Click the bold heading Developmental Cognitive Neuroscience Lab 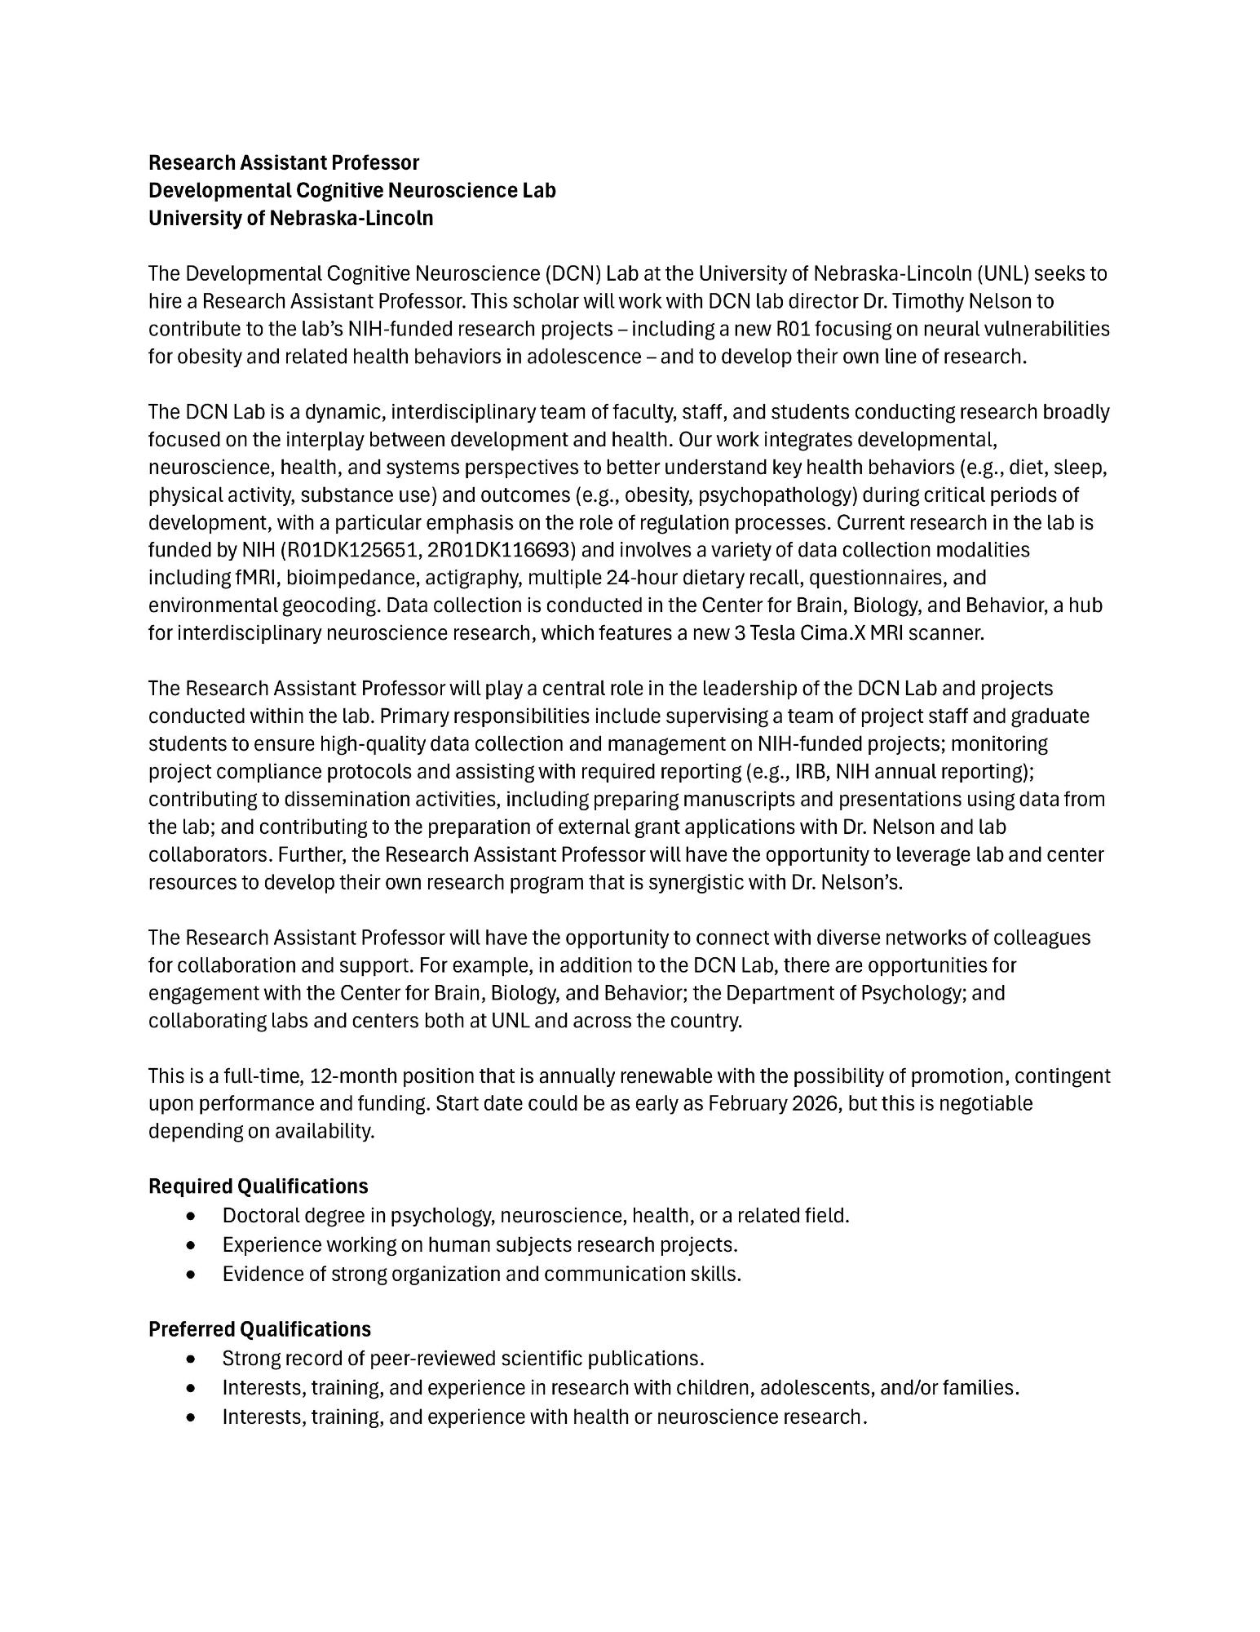coord(351,190)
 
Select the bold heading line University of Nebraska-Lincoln coord(290,218)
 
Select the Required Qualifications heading coord(258,1186)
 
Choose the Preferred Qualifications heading coord(259,1329)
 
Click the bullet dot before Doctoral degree coord(191,1216)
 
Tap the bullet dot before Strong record coord(191,1359)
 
